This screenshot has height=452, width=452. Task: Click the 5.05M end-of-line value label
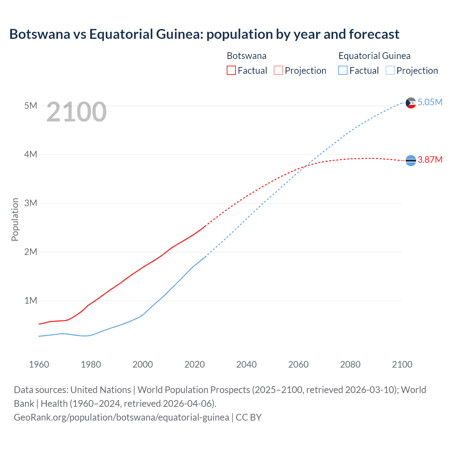pos(430,102)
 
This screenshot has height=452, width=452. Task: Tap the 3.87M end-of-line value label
pos(430,160)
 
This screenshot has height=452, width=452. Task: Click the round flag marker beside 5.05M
pos(411,103)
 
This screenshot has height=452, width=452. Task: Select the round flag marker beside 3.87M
pos(411,161)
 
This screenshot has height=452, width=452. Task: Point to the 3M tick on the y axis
pos(30,203)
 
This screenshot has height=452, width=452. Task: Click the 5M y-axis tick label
pos(30,106)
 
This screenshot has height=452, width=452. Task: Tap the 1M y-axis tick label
pos(30,301)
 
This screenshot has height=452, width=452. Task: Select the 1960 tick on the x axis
pos(39,364)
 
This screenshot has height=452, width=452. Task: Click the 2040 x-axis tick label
pos(246,364)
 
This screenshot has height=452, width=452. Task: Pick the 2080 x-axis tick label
pos(350,364)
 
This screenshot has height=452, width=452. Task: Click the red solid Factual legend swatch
pos(231,71)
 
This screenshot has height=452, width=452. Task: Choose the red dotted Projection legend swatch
pos(278,71)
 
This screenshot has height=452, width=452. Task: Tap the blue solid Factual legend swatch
pos(343,71)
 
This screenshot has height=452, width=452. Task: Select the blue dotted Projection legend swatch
pos(390,71)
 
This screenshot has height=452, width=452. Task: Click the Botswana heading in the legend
pos(246,56)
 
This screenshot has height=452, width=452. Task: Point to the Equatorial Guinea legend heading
pos(374,56)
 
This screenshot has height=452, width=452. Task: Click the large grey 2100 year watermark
pos(76,112)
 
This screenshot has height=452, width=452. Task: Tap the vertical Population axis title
pos(15,219)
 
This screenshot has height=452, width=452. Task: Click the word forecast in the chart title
pos(374,34)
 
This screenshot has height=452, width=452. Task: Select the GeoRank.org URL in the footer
pos(121,417)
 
